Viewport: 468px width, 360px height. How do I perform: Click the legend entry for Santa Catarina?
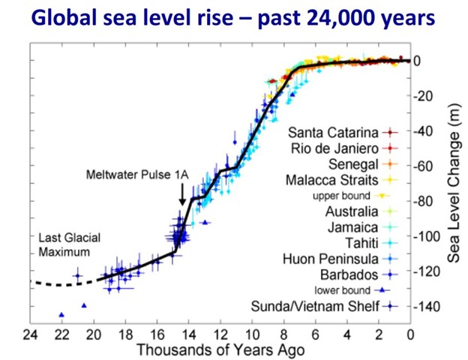tap(336, 132)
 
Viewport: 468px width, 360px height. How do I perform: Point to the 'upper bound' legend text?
tap(342, 196)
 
